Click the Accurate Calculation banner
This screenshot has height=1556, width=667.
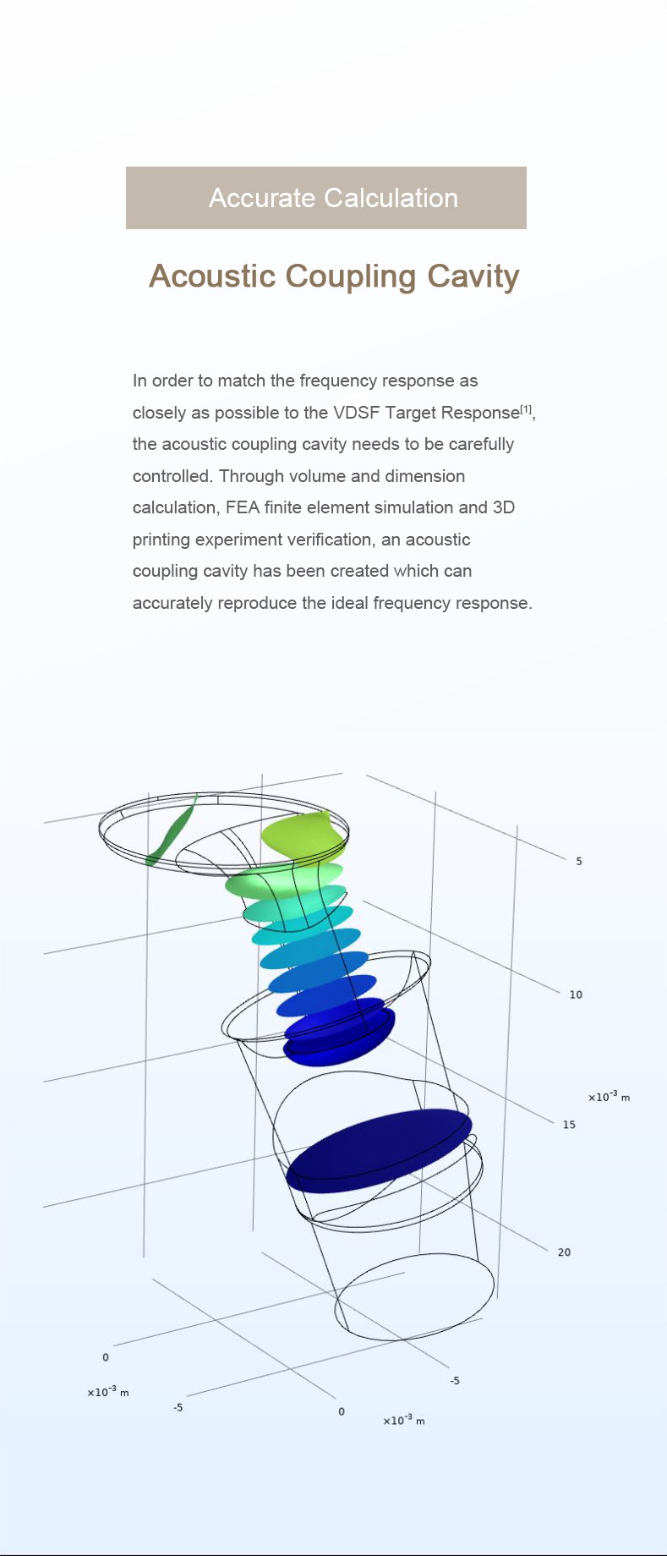pyautogui.click(x=326, y=198)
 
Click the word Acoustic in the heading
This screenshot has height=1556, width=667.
pyautogui.click(x=212, y=277)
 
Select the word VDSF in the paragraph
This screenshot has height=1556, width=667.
pyautogui.click(x=357, y=413)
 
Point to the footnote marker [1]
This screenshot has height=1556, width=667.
pyautogui.click(x=526, y=409)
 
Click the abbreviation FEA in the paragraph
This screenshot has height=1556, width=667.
pyautogui.click(x=243, y=507)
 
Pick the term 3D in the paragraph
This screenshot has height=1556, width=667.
pyautogui.click(x=504, y=507)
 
